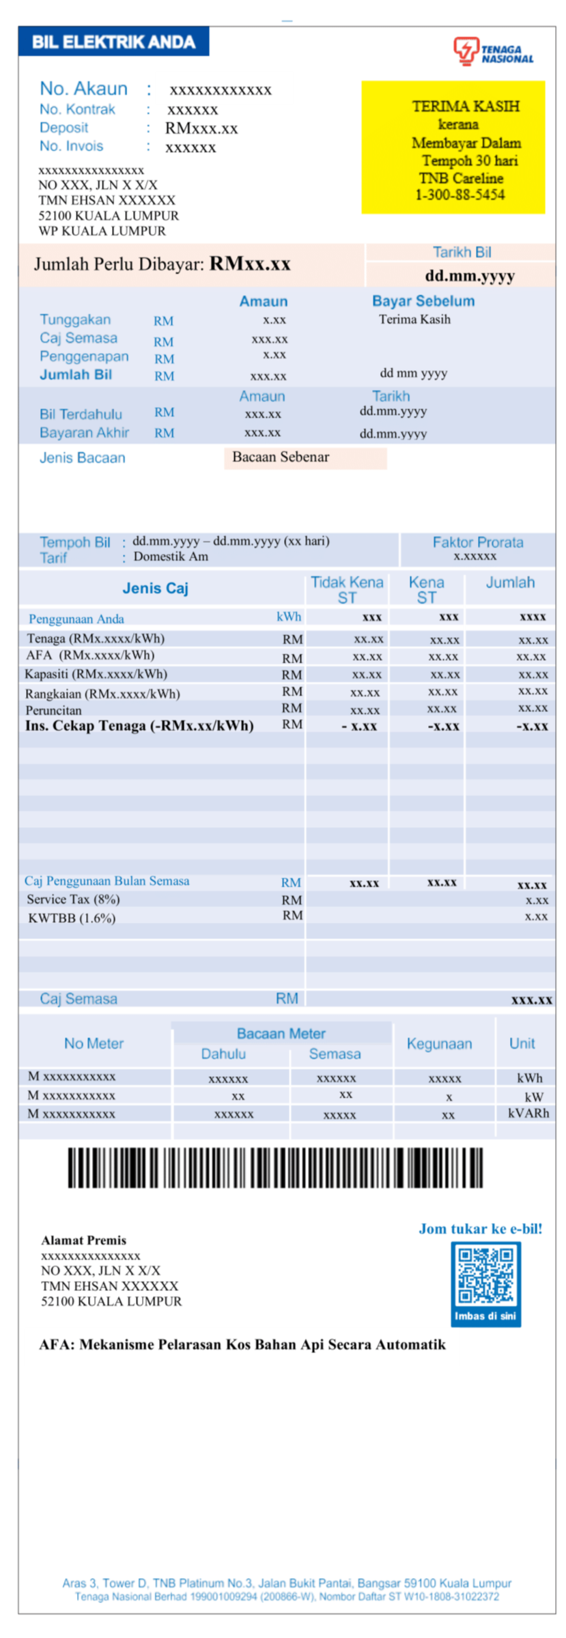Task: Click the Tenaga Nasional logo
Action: (492, 51)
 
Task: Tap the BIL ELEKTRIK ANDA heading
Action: (113, 42)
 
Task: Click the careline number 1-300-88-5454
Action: (459, 195)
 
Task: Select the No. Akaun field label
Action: (83, 89)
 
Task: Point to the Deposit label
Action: (63, 128)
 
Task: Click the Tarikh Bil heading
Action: (462, 252)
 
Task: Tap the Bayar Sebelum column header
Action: (423, 301)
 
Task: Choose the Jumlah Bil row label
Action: (76, 374)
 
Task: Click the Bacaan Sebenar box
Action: (305, 457)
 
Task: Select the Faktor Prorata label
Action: (477, 542)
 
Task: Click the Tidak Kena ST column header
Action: (346, 589)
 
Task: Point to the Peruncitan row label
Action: (53, 710)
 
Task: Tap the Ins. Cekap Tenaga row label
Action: (139, 726)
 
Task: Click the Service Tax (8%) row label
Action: (73, 899)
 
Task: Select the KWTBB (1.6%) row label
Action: (72, 918)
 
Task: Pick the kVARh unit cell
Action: (528, 1113)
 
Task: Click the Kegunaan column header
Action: (439, 1043)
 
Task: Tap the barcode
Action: (274, 1168)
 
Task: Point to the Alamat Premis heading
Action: (83, 1240)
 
